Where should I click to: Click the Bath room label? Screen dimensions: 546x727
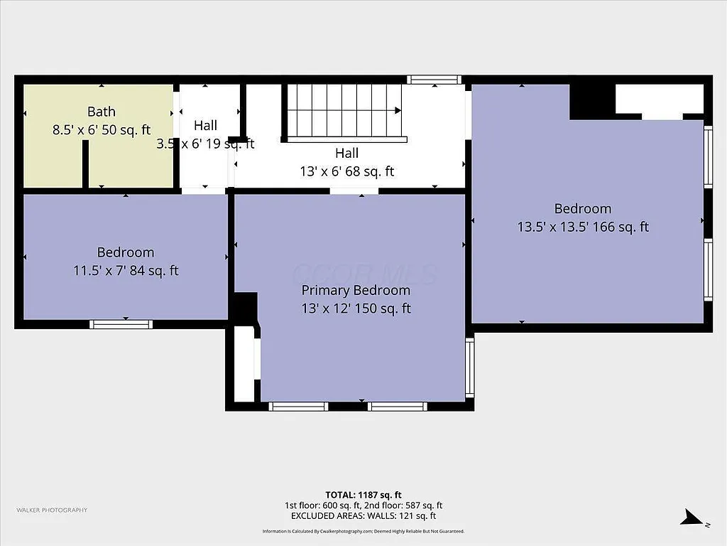(x=101, y=112)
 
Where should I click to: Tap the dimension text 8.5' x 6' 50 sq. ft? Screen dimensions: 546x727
(x=102, y=130)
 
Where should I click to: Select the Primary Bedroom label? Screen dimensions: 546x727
(x=356, y=290)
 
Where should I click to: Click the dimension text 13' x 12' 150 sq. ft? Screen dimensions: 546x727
(x=356, y=309)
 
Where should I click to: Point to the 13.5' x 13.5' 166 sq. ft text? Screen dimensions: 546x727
(x=583, y=227)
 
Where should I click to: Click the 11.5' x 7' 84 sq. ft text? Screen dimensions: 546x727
(x=126, y=271)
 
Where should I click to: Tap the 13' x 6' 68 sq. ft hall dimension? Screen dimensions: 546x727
(x=346, y=171)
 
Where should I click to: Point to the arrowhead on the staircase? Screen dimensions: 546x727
(x=398, y=111)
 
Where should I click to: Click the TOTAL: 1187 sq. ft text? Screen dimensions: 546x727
(x=363, y=495)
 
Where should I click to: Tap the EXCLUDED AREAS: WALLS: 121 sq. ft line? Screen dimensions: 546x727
(x=363, y=516)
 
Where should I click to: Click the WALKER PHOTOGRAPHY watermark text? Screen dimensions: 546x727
(x=52, y=510)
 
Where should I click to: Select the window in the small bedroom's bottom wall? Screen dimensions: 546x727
(x=121, y=324)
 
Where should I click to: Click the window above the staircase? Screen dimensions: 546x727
(x=434, y=80)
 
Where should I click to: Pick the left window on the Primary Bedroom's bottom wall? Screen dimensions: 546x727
(x=298, y=407)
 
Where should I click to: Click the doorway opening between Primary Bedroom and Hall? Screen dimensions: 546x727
(x=354, y=191)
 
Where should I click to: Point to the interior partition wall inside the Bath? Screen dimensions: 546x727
(x=85, y=164)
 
